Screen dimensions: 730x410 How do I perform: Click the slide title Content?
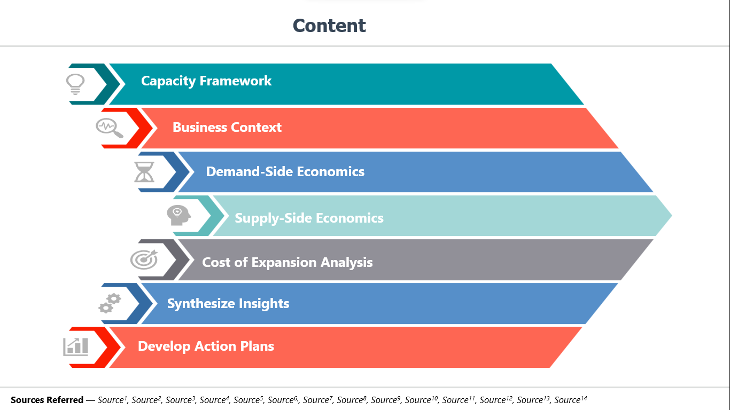click(329, 26)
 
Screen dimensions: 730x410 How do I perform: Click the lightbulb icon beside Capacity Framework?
click(75, 84)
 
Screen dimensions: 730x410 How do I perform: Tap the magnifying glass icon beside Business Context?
click(110, 128)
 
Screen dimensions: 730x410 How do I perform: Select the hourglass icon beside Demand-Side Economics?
click(144, 172)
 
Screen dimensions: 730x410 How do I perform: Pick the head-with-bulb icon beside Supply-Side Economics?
click(178, 215)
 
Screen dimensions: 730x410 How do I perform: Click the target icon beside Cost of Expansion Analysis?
click(144, 259)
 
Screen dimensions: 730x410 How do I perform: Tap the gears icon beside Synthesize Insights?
click(110, 303)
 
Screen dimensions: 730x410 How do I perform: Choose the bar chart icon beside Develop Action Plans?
click(75, 347)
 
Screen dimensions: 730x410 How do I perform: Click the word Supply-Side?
click(273, 218)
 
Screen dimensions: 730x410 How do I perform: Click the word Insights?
click(264, 304)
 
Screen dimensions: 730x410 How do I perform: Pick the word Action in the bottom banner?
click(215, 346)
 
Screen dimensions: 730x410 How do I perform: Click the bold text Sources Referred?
click(47, 400)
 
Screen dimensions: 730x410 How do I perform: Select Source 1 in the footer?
click(112, 400)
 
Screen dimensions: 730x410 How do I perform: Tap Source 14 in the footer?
click(571, 400)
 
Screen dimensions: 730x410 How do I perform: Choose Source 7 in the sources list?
click(318, 400)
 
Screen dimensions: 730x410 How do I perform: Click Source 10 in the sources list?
click(421, 400)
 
